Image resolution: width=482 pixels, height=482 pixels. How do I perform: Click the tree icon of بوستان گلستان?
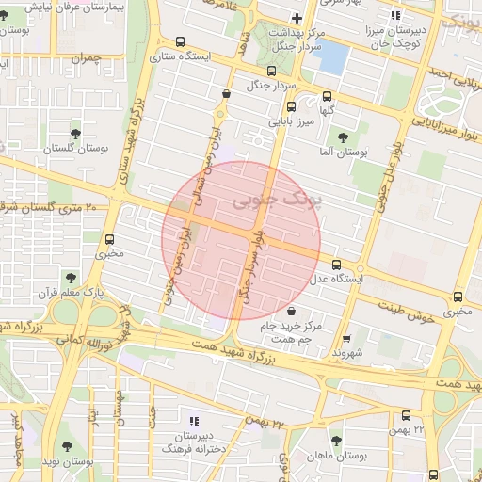[75, 133]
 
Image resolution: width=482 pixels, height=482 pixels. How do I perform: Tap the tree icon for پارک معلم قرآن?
[71, 277]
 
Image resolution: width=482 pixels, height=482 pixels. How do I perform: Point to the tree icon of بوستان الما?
[354, 135]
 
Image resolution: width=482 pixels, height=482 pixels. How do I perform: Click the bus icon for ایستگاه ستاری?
[179, 41]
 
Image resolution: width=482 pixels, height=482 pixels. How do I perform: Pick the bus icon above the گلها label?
[327, 96]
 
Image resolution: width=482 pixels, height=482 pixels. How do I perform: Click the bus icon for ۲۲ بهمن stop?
[406, 415]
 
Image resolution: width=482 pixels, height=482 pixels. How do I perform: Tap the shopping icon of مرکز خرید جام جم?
[291, 311]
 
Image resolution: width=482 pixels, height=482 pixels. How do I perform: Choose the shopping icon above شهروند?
[345, 338]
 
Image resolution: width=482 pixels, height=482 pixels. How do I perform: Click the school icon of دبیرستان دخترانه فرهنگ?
[195, 421]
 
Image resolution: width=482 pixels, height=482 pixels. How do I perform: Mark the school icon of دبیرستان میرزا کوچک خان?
[396, 14]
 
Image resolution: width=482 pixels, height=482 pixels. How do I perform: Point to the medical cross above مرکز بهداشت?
[297, 18]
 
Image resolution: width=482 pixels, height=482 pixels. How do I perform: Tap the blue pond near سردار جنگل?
[331, 56]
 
